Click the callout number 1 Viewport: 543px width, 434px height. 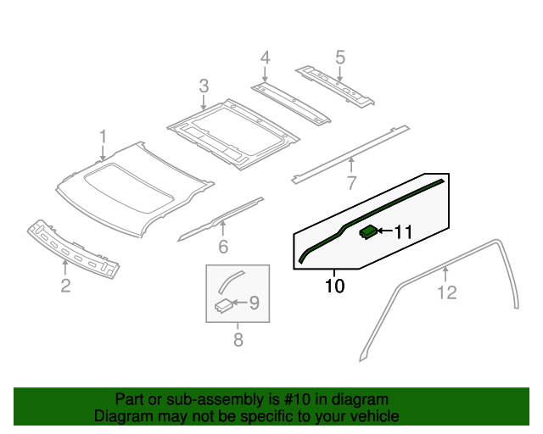[x=103, y=136]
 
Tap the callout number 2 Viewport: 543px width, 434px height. [x=65, y=286]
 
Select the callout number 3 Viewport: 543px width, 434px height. [x=204, y=86]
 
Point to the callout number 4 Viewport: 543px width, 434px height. [x=265, y=58]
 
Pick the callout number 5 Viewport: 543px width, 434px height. [x=340, y=58]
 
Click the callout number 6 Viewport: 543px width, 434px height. [x=223, y=247]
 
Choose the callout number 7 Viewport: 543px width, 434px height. [x=351, y=181]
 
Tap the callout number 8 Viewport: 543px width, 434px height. [x=238, y=340]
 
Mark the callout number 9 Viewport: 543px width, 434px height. [x=253, y=302]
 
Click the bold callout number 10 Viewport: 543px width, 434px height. [x=335, y=287]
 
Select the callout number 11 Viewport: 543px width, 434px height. [x=402, y=231]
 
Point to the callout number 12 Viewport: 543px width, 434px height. [x=446, y=293]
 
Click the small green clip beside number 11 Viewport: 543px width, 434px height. [x=369, y=231]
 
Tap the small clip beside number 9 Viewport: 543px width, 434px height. [x=223, y=305]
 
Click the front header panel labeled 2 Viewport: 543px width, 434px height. [x=72, y=248]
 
